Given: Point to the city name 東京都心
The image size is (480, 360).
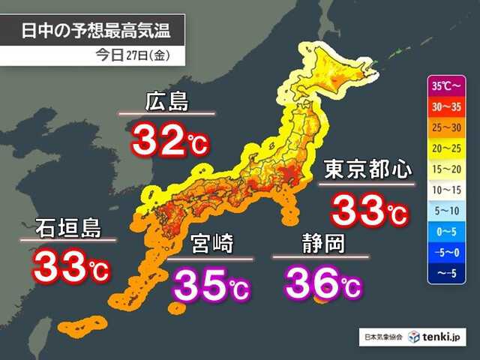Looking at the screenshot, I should tap(367, 169).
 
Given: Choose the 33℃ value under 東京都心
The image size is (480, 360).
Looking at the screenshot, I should tap(370, 209).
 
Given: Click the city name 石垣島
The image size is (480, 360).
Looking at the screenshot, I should tap(67, 226).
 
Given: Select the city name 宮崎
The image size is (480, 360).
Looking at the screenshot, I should tap(211, 244).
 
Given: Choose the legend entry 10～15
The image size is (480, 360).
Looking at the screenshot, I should tap(447, 190).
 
